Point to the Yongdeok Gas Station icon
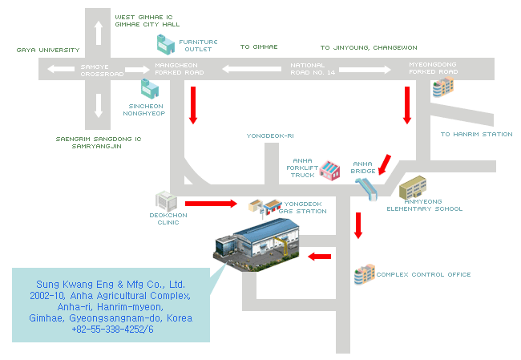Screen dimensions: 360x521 (264, 208)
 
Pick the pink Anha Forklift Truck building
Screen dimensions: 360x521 (329, 170)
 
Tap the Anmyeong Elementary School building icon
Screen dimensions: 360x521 (412, 189)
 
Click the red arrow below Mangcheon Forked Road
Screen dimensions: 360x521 (192, 104)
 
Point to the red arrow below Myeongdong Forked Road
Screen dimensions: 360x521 (407, 104)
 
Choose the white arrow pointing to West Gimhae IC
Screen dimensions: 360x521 (99, 33)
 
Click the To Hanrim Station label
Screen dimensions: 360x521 (476, 135)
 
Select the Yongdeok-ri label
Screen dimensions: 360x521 (270, 136)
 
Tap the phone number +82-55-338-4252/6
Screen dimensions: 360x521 (112, 330)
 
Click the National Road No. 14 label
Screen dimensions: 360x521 (313, 69)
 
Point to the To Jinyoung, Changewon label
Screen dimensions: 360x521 (369, 48)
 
